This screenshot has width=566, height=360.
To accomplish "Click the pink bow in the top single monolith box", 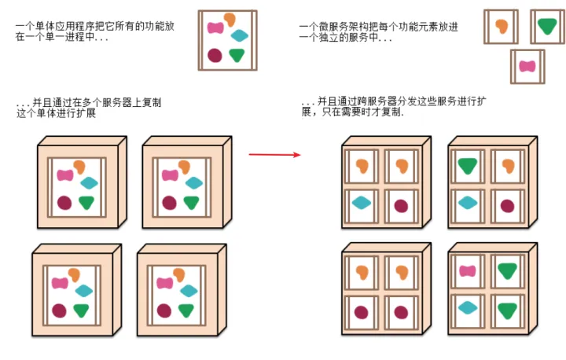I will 215,28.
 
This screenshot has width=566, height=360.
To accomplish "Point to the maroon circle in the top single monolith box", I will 215,55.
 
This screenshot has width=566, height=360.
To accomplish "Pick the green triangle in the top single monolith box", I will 237,55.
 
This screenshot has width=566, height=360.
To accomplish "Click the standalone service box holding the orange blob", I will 501,26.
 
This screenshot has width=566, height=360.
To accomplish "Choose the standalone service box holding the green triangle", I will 547,26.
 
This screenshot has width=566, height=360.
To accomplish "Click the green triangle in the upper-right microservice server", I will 469,165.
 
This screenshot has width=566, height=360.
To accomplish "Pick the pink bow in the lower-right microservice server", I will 468,271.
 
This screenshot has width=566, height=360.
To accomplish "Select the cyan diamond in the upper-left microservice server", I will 361,203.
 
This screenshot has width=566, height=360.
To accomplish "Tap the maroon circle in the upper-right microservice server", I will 507,206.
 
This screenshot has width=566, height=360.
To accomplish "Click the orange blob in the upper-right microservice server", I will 508,166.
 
